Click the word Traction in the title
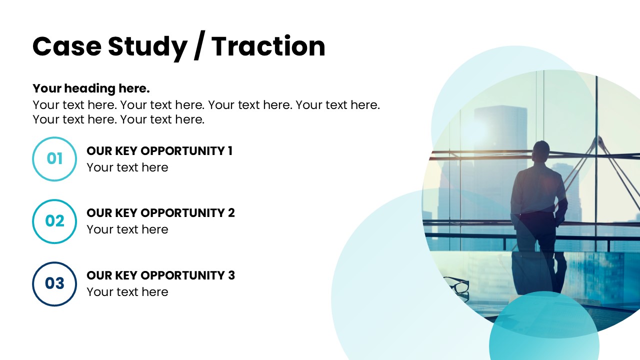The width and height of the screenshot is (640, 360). [268, 46]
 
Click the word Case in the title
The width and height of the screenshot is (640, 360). [67, 46]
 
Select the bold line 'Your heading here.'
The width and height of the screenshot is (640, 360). [91, 88]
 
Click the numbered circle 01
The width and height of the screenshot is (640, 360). [54, 137]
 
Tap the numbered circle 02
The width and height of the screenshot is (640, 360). [54, 200]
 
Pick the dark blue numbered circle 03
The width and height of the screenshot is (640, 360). [54, 263]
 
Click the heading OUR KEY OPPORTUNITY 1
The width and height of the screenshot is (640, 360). [159, 151]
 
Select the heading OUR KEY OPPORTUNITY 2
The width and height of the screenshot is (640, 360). [160, 213]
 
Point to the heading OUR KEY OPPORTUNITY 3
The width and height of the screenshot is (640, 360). [160, 275]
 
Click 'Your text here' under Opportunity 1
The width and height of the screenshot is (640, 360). [127, 167]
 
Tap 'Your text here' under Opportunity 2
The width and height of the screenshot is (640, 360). [127, 229]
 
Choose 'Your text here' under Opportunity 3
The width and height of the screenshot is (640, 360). [127, 292]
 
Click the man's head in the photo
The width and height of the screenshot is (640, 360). [541, 151]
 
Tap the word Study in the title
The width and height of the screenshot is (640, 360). [147, 47]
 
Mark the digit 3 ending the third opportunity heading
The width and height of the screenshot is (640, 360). [231, 275]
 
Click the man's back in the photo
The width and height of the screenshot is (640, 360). [537, 188]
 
